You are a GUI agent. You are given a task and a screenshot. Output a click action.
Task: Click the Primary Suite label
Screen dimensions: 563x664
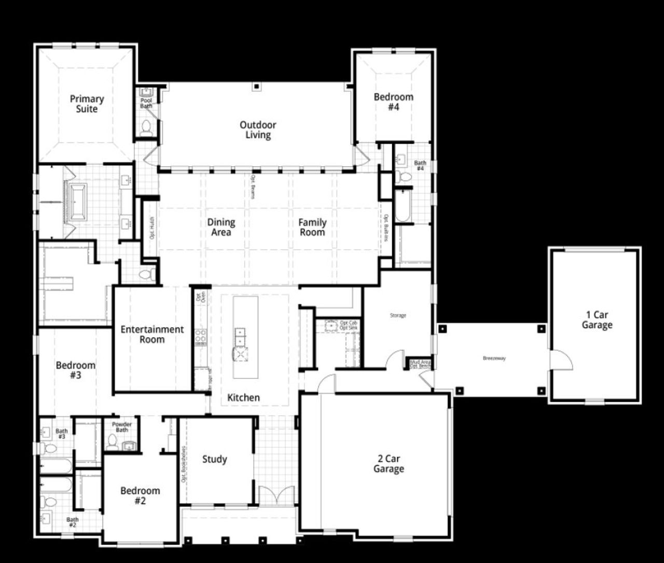point(87,104)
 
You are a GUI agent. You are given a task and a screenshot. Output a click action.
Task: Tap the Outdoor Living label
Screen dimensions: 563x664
point(258,130)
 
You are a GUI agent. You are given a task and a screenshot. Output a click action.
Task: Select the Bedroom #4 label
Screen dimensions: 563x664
point(394,102)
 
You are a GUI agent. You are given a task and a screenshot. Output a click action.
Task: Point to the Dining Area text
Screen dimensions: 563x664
point(222,227)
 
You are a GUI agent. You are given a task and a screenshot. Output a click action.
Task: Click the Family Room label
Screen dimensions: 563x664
point(312,227)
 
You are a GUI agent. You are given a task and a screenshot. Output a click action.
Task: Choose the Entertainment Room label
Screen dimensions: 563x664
point(152,335)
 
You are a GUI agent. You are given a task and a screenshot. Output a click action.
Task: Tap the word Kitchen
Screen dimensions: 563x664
point(243,397)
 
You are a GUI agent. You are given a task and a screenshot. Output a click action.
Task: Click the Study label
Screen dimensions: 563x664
point(215,459)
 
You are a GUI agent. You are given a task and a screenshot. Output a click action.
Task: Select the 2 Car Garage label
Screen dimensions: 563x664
point(389,464)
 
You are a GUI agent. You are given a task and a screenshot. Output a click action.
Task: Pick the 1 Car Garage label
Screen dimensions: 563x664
point(597,320)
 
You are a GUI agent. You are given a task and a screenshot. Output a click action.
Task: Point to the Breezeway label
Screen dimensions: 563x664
point(494,359)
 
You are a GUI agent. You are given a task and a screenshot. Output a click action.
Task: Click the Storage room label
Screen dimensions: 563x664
point(398,315)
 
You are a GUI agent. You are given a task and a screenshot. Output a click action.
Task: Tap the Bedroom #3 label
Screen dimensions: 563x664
point(76,370)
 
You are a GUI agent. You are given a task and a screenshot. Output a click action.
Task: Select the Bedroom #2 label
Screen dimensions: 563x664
point(140,496)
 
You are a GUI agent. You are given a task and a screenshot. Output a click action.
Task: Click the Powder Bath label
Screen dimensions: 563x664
point(122,427)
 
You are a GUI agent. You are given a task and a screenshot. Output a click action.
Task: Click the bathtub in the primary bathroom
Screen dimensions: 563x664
point(78,201)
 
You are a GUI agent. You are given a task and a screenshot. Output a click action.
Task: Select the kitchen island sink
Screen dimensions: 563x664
point(240,336)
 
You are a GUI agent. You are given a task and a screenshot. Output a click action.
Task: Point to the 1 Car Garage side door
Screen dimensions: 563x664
point(560,360)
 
